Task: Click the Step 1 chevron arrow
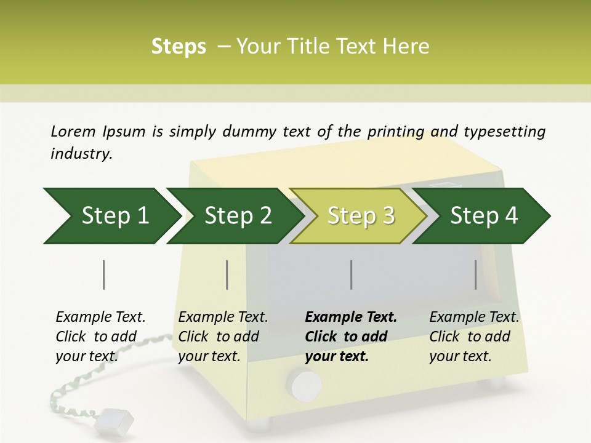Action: (x=115, y=216)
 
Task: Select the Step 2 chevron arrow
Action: (x=238, y=216)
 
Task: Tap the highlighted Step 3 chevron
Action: (x=361, y=216)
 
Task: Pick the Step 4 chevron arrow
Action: (x=484, y=216)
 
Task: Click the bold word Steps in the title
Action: (x=179, y=46)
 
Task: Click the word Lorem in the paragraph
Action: (x=73, y=131)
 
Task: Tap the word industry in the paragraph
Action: (x=81, y=153)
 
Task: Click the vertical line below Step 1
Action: (x=104, y=274)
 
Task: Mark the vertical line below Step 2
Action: (x=227, y=274)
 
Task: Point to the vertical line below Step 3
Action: (x=352, y=274)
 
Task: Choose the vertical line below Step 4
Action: (x=476, y=274)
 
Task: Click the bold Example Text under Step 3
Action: (x=351, y=336)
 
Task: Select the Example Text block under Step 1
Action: (x=100, y=336)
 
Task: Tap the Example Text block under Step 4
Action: (x=474, y=336)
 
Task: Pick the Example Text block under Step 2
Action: (x=223, y=336)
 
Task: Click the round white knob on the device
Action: (x=306, y=385)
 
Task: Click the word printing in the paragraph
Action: (x=396, y=131)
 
